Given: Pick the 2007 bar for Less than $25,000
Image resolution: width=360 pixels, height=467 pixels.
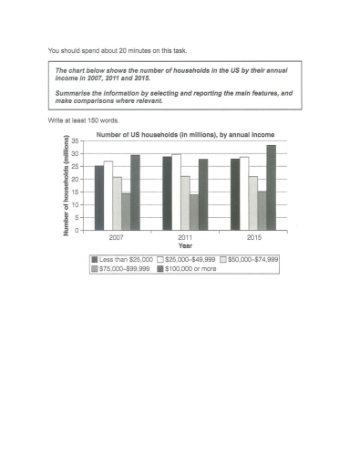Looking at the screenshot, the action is tap(99, 198).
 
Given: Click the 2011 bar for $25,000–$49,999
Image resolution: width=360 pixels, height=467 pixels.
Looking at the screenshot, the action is tap(176, 192).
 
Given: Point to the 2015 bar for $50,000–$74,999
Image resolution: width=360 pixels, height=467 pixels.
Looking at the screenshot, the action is tap(252, 202).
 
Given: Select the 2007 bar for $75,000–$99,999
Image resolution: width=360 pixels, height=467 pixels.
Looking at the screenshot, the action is tap(126, 212).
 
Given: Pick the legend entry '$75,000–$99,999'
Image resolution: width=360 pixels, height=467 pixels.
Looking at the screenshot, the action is tap(127, 270).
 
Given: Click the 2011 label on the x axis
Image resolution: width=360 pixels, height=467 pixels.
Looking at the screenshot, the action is tap(185, 237).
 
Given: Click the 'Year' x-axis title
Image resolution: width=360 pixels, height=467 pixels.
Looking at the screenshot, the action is tap(185, 245).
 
